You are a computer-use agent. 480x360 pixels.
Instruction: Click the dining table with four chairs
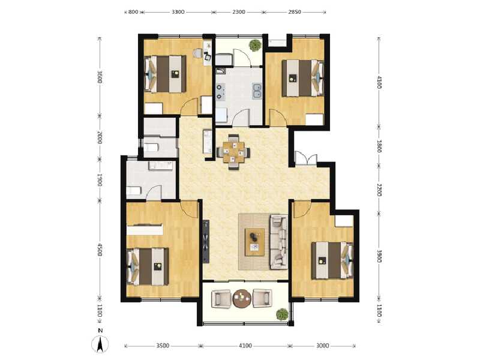pyautogui.click(x=234, y=151)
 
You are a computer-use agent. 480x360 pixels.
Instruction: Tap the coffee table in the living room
pyautogui.click(x=255, y=241)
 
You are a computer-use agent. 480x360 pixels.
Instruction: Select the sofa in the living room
pyautogui.click(x=278, y=241)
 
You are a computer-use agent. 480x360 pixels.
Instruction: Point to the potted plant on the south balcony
pyautogui.click(x=281, y=314)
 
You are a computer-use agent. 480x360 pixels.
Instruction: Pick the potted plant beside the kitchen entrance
pyautogui.click(x=256, y=46)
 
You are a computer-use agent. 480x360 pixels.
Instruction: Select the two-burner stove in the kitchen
pyautogui.click(x=220, y=90)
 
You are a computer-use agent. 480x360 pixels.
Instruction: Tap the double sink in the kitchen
pyautogui.click(x=257, y=91)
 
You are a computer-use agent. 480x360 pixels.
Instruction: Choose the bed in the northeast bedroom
pyautogui.click(x=304, y=77)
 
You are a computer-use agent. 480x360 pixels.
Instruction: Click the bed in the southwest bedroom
pyautogui.click(x=148, y=266)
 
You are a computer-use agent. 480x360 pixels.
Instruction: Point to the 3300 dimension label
pyautogui.click(x=178, y=12)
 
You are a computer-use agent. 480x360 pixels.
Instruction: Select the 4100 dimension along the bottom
pyautogui.click(x=245, y=346)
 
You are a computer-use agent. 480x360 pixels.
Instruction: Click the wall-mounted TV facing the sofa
pyautogui.click(x=207, y=241)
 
